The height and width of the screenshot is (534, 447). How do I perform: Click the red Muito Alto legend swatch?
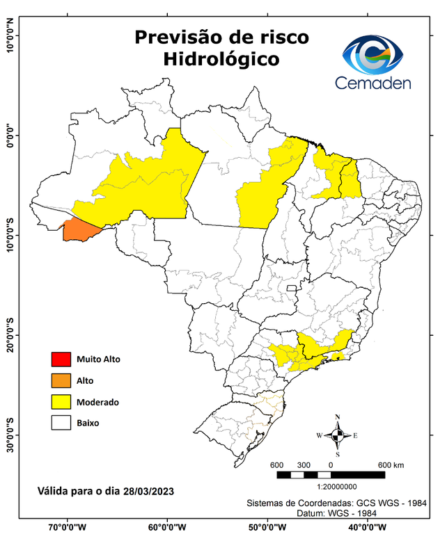click(61, 359)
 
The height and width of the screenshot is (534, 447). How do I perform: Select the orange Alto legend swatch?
click(61, 380)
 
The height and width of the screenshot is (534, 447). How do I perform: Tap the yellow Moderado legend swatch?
click(61, 402)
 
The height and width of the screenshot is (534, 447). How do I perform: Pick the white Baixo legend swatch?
click(61, 423)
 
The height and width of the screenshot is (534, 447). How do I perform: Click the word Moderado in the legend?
click(97, 402)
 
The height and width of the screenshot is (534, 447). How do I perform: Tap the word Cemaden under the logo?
click(372, 83)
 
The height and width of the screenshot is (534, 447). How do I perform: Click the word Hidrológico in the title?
click(221, 59)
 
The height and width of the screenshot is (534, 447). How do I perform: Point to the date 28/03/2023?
click(146, 491)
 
